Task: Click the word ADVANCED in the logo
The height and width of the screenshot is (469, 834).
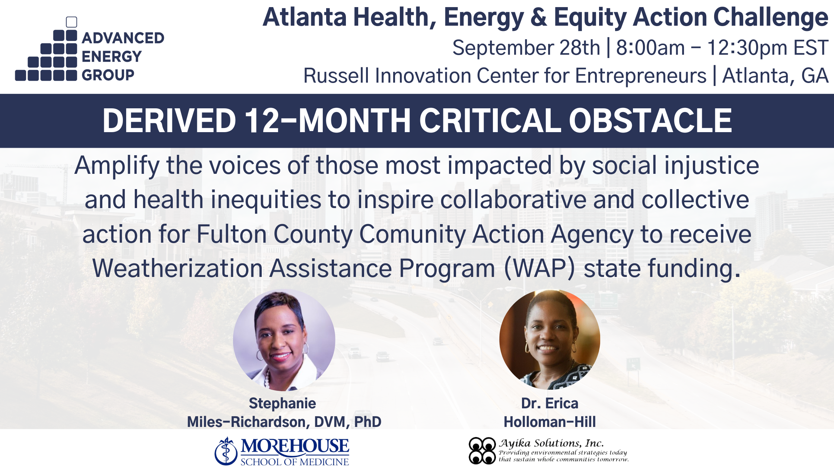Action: pyautogui.click(x=123, y=38)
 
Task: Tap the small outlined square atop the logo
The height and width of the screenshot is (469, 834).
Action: pyautogui.click(x=71, y=22)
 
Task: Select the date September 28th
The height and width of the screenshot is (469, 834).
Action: pyautogui.click(x=526, y=48)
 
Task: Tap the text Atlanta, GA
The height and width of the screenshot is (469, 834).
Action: pyautogui.click(x=775, y=76)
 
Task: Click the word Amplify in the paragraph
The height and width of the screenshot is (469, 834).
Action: pyautogui.click(x=117, y=165)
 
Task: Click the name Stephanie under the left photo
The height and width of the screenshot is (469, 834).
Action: pyautogui.click(x=282, y=403)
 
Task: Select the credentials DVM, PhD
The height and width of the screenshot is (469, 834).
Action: pyautogui.click(x=347, y=422)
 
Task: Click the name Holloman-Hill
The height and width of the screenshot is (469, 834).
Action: pyautogui.click(x=550, y=422)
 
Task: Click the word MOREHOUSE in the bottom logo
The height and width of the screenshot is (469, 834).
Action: pyautogui.click(x=295, y=446)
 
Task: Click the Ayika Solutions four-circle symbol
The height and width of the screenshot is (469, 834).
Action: pyautogui.click(x=482, y=451)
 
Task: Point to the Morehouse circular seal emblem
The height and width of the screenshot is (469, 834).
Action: pyautogui.click(x=226, y=452)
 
